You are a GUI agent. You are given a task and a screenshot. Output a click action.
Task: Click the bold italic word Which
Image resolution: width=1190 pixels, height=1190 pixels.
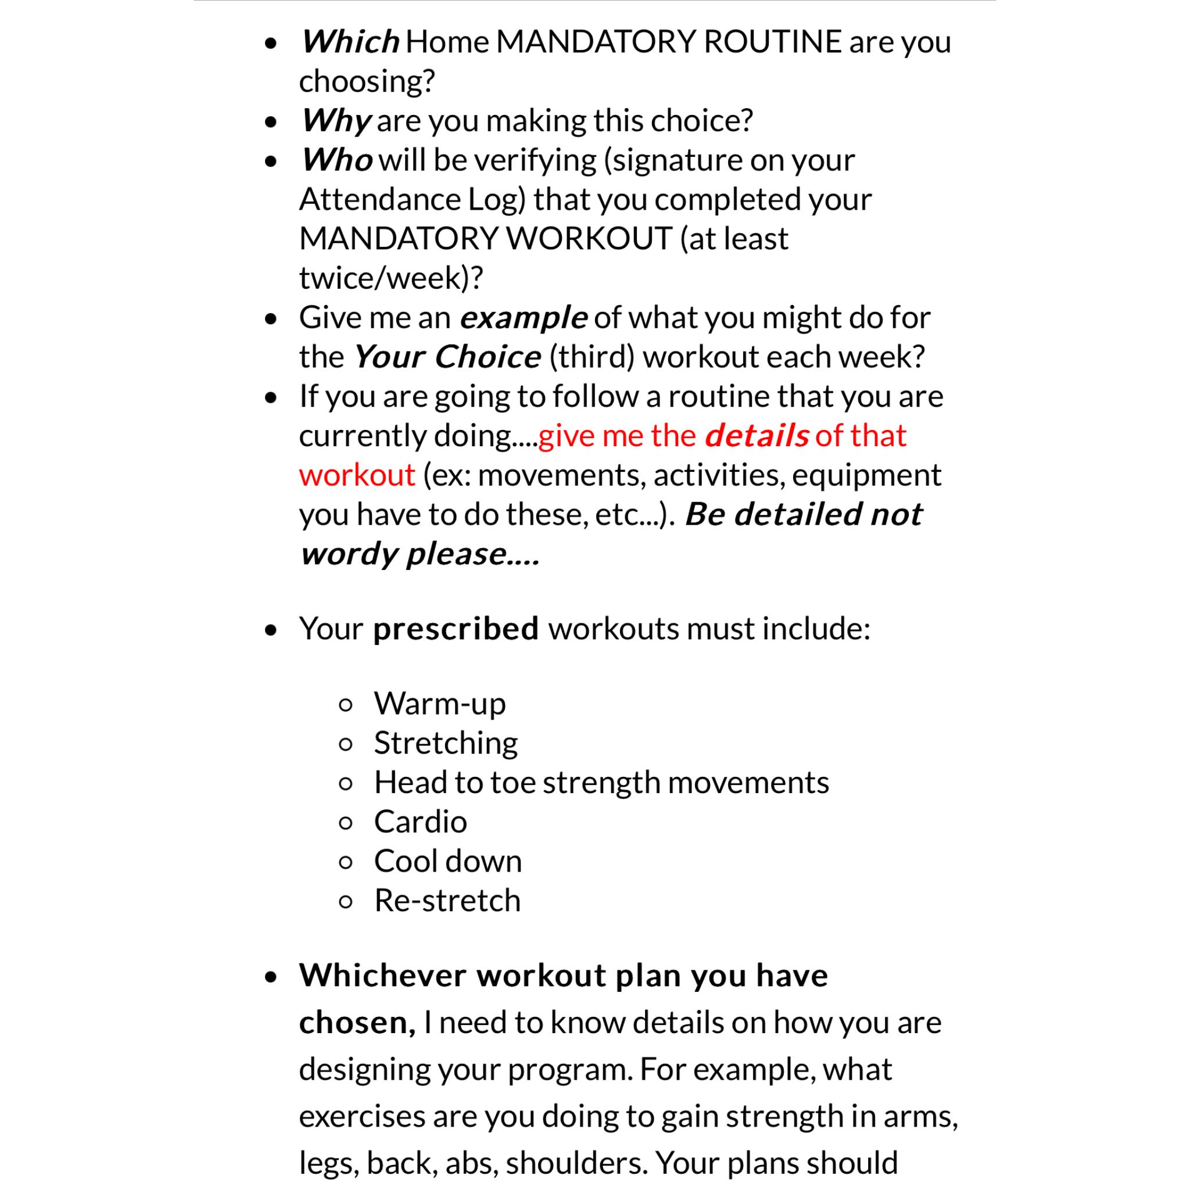[350, 42]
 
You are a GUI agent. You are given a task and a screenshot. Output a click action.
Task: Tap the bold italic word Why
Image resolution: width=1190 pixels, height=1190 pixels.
[336, 121]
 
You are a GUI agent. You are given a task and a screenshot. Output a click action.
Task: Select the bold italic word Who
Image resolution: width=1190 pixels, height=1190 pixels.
[337, 160]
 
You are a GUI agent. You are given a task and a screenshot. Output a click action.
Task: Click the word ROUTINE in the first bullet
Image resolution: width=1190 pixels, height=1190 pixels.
[772, 42]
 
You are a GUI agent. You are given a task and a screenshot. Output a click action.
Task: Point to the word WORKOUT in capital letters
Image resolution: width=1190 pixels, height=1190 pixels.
[589, 239]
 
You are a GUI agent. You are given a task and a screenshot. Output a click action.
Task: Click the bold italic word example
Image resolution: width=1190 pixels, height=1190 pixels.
[524, 318]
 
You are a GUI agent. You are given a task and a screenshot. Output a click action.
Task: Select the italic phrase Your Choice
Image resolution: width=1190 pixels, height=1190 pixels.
[447, 357]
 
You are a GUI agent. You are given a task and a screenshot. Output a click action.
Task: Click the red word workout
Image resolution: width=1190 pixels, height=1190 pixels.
[357, 475]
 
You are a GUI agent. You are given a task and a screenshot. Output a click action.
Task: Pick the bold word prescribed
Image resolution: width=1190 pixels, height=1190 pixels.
[456, 629]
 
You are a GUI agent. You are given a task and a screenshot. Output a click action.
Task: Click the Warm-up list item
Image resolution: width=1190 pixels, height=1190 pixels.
[440, 704]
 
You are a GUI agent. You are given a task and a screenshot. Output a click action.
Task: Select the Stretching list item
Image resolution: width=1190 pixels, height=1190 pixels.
[446, 743]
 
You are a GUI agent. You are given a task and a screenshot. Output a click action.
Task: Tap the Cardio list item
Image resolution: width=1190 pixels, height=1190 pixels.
[421, 822]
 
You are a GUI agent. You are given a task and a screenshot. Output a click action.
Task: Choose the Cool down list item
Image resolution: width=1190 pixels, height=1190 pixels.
[448, 862]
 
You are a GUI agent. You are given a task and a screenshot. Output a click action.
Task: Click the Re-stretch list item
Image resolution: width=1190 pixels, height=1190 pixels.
[447, 901]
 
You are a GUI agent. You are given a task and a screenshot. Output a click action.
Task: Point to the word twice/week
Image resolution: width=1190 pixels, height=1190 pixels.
[380, 278]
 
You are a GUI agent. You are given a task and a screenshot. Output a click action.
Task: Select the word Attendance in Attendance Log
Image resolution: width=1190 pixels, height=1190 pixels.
[379, 199]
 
